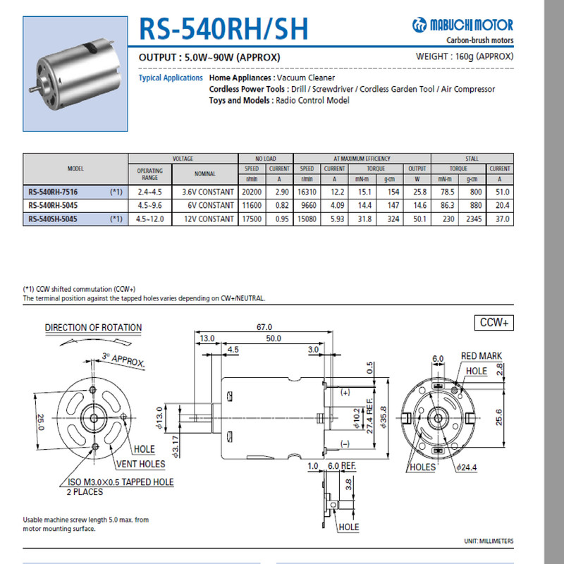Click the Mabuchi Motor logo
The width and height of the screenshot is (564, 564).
pos(462,26)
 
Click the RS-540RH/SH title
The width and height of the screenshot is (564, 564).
pos(223,29)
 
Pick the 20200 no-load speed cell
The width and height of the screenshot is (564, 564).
pos(252,192)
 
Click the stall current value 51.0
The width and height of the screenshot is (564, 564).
pos(500,192)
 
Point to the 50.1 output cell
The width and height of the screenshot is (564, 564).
pos(417,219)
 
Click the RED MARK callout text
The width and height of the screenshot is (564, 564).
pos(482,356)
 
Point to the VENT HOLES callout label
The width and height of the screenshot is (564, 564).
pos(141,464)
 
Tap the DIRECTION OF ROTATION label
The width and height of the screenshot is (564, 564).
pos(93,328)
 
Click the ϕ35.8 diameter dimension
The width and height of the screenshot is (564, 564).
pos(384,416)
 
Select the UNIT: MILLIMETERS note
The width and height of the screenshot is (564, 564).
pos(489,541)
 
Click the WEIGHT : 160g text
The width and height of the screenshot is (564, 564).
pos(465,56)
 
